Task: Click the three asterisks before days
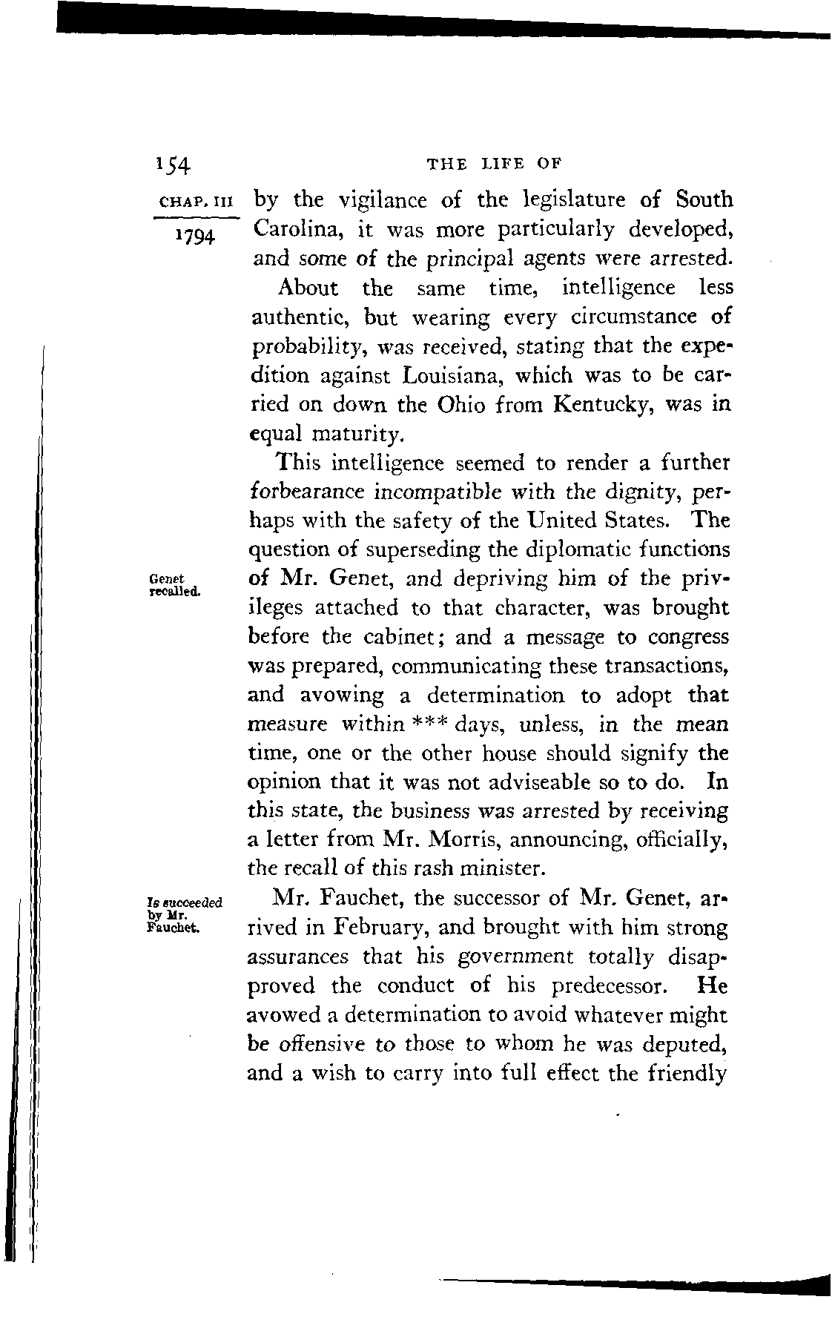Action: click(428, 723)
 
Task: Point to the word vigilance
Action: click(385, 200)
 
